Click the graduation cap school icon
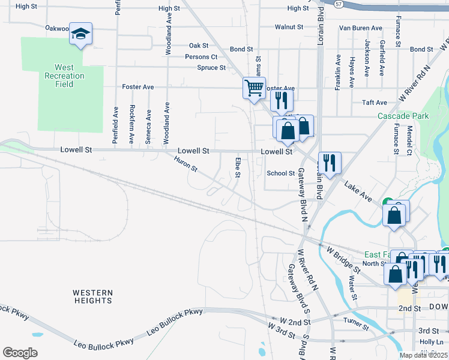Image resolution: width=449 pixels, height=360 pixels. click(80, 34)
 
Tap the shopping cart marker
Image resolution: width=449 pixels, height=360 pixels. click(254, 88)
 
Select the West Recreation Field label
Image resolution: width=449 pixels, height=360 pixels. click(64, 76)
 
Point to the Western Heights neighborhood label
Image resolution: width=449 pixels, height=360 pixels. click(93, 296)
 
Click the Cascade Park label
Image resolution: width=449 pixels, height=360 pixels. click(403, 116)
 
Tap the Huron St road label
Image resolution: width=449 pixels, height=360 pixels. click(185, 164)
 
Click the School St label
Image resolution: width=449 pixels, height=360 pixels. click(281, 173)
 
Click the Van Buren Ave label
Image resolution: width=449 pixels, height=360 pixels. click(360, 28)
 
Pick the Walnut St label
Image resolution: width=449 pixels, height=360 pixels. click(289, 27)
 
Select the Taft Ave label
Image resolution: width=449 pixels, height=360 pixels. click(391, 103)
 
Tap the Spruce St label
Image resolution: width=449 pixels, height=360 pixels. click(211, 68)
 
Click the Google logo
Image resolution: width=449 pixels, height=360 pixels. click(20, 353)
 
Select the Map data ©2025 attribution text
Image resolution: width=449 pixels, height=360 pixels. click(423, 355)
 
